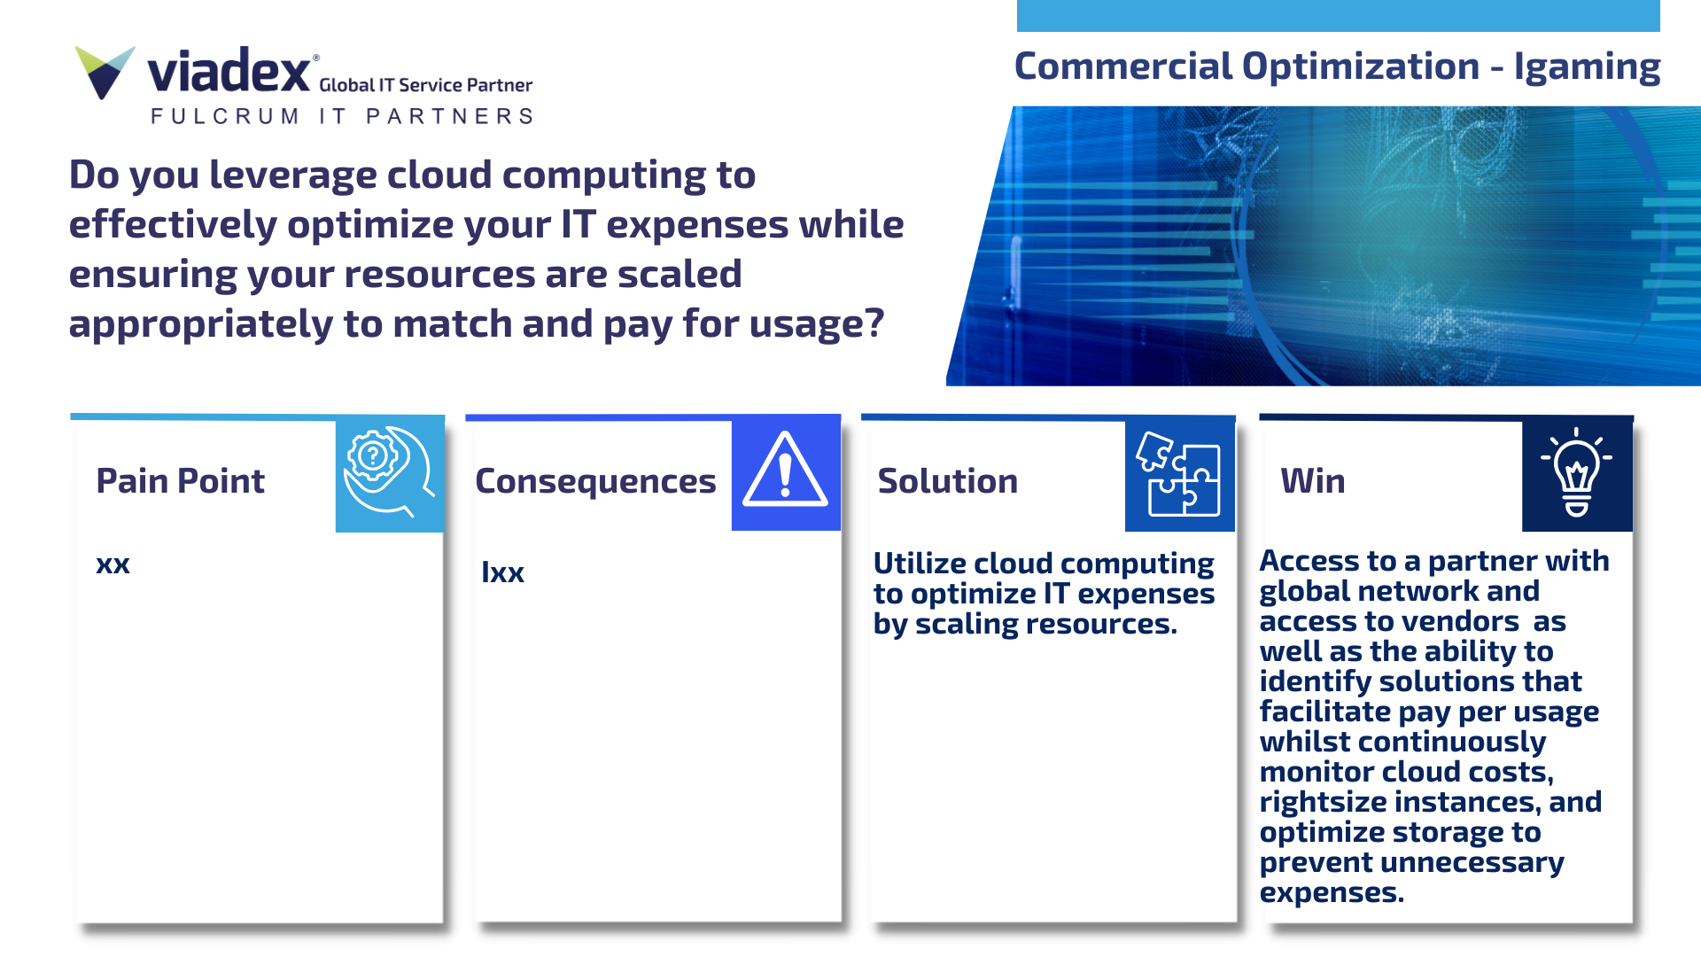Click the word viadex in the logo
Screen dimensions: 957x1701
click(x=228, y=72)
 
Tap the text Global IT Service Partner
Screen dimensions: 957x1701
click(x=425, y=85)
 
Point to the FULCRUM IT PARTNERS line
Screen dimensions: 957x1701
click(x=342, y=116)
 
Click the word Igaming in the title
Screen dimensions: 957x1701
click(x=1586, y=66)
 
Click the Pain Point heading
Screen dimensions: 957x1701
click(x=180, y=481)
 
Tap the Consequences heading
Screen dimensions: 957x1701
click(x=595, y=481)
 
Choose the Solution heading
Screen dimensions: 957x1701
click(x=947, y=481)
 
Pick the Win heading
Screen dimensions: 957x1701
click(x=1312, y=481)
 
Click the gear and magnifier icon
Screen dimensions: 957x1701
click(x=389, y=472)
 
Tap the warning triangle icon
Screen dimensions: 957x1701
click(x=785, y=471)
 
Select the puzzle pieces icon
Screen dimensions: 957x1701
click(x=1179, y=474)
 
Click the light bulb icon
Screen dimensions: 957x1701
click(x=1576, y=472)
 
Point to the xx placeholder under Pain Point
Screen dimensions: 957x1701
click(x=113, y=564)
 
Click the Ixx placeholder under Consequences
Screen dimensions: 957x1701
click(x=502, y=572)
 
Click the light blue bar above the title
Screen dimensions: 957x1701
click(x=1338, y=15)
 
